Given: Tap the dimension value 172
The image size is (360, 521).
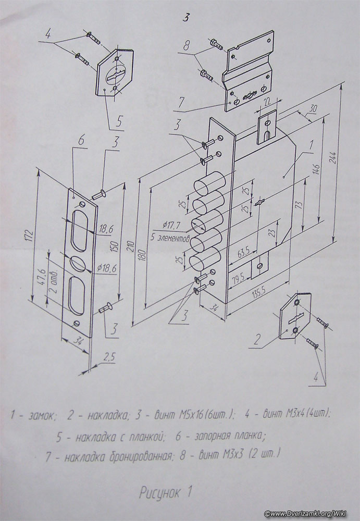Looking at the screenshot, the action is [x=30, y=236].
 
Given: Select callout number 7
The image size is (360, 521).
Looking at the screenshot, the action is [x=180, y=102].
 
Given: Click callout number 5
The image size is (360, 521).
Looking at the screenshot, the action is [x=119, y=121].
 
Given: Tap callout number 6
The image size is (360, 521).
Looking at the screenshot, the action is [x=80, y=141].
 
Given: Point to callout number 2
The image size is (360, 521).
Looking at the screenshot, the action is [x=257, y=340].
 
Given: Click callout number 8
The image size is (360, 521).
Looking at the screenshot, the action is [x=187, y=46].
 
